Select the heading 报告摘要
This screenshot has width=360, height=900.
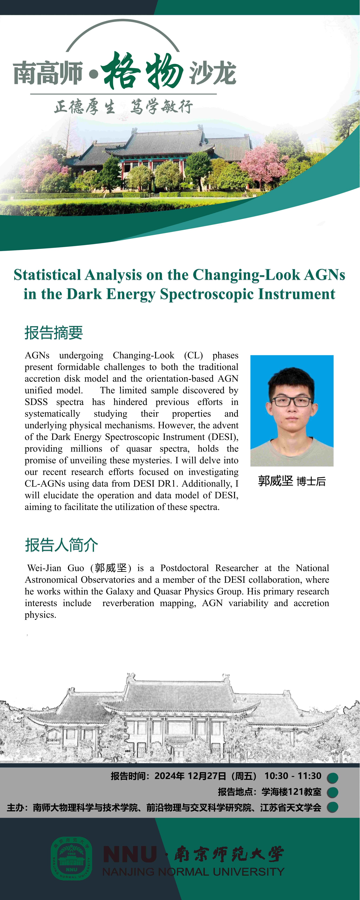click(53, 333)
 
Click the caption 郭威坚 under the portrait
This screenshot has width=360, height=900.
click(275, 481)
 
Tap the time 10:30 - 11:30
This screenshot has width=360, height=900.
click(292, 776)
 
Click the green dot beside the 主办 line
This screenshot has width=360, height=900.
click(332, 807)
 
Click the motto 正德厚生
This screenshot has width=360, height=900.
click(85, 107)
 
